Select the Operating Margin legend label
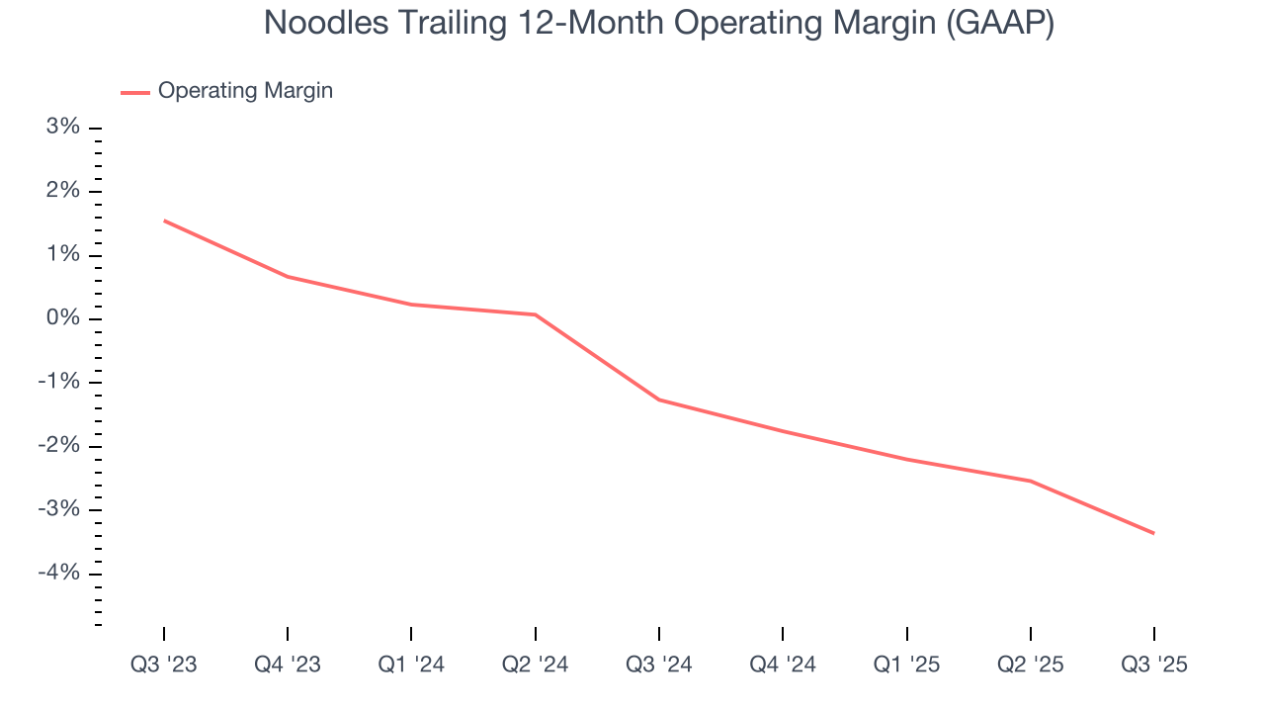point(245,91)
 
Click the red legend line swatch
point(134,92)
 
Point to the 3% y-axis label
point(63,128)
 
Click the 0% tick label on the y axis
point(63,318)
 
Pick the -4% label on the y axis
point(59,573)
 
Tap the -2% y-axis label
point(59,446)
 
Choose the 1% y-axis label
point(63,255)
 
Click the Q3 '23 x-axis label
point(164,665)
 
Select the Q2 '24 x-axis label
point(535,665)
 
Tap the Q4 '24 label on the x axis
point(783,665)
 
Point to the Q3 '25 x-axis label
point(1153,665)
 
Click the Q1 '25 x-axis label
point(906,665)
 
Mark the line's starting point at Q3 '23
point(164,221)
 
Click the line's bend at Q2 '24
point(535,314)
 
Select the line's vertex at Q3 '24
point(659,400)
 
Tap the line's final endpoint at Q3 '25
point(1153,533)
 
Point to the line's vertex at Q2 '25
point(1030,481)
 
